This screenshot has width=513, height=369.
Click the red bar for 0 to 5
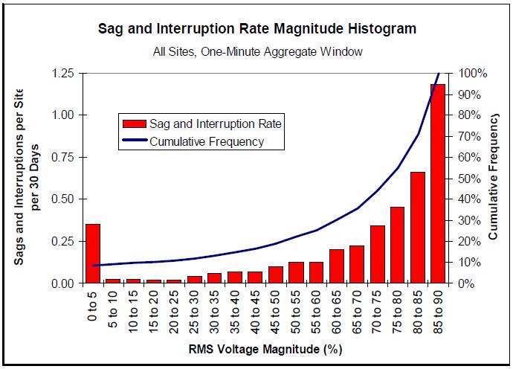[92, 253]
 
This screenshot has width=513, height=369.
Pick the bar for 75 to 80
[398, 245]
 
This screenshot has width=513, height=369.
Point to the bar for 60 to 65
[337, 266]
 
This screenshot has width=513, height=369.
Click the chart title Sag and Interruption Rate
[257, 29]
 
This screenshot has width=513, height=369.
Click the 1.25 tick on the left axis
[62, 73]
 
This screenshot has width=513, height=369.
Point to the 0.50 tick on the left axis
[62, 199]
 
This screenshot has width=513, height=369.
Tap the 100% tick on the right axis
[473, 73]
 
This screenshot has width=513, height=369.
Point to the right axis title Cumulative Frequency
[494, 176]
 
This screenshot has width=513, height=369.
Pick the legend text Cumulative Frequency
[207, 141]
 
